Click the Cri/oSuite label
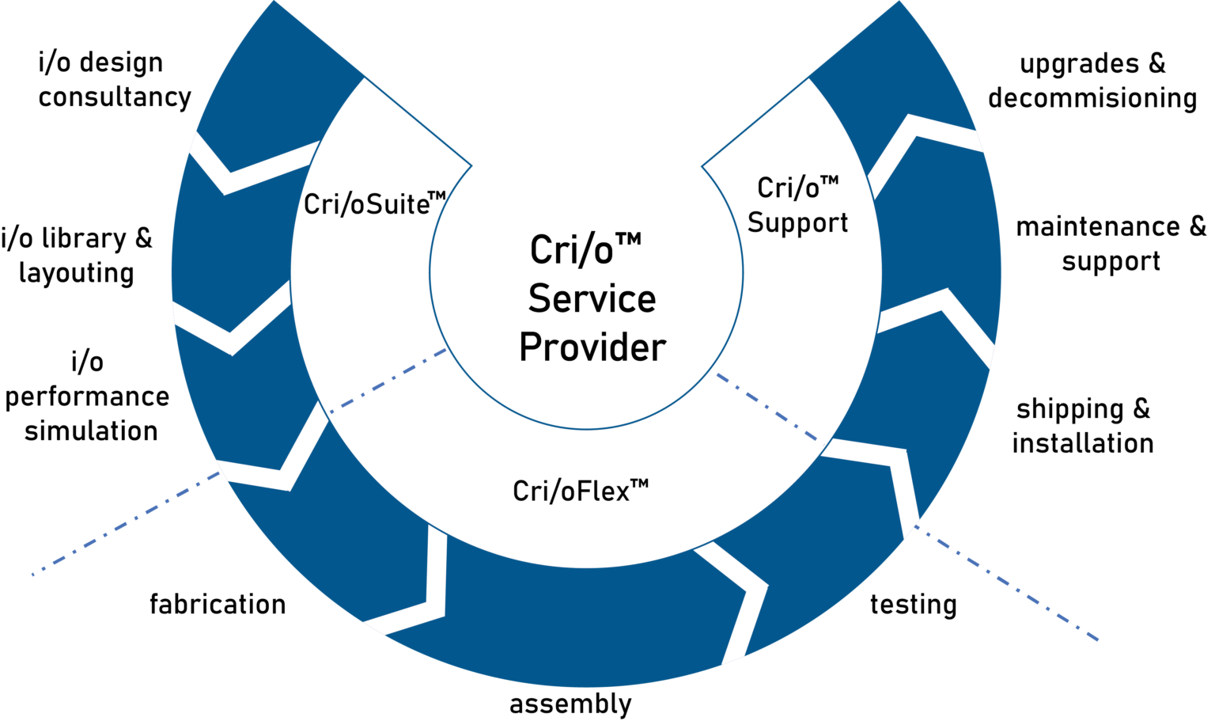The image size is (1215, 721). coord(368,203)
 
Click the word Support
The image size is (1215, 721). coord(797,223)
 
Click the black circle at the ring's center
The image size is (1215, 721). coord(586,271)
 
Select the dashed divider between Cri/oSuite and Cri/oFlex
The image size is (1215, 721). coord(388,380)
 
